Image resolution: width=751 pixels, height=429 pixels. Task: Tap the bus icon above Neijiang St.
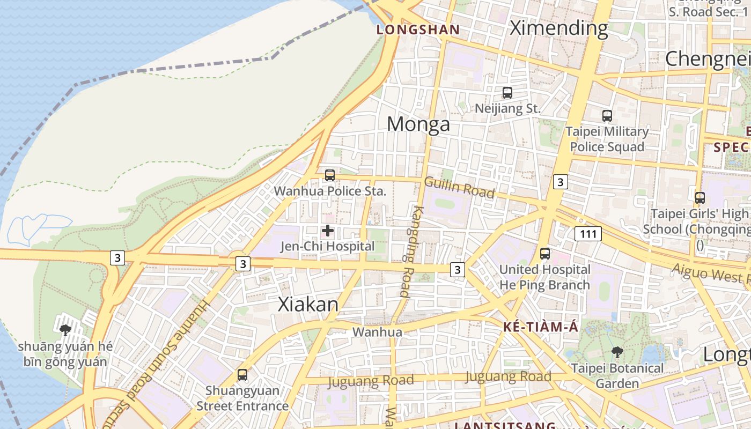pyautogui.click(x=507, y=92)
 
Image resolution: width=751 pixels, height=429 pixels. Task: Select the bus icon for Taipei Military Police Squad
pyautogui.click(x=607, y=115)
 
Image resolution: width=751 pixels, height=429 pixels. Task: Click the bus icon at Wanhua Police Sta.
pyautogui.click(x=330, y=175)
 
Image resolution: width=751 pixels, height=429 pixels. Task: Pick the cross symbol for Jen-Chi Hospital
pyautogui.click(x=328, y=231)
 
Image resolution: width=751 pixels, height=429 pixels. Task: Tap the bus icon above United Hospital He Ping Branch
pyautogui.click(x=545, y=253)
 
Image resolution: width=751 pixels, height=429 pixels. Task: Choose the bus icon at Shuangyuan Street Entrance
pyautogui.click(x=242, y=374)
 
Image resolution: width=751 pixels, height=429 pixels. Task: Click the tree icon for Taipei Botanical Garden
pyautogui.click(x=617, y=352)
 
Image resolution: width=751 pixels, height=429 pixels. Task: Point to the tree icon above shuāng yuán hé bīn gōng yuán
pyautogui.click(x=65, y=330)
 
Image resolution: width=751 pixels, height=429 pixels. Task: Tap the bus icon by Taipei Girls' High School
pyautogui.click(x=700, y=197)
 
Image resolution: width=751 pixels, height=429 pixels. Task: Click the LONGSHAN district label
pyautogui.click(x=418, y=29)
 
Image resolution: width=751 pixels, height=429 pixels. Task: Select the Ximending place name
pyautogui.click(x=558, y=28)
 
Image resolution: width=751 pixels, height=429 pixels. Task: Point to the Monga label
pyautogui.click(x=418, y=124)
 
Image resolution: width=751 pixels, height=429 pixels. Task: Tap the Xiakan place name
pyautogui.click(x=308, y=305)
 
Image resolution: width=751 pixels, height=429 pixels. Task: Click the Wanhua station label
pyautogui.click(x=377, y=332)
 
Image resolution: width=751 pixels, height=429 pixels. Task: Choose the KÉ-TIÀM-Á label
pyautogui.click(x=541, y=327)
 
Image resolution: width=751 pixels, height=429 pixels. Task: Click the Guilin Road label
pyautogui.click(x=459, y=187)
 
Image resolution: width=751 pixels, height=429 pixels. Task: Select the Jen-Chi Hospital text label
pyautogui.click(x=328, y=247)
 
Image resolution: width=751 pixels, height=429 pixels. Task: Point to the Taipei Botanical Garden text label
pyautogui.click(x=617, y=376)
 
